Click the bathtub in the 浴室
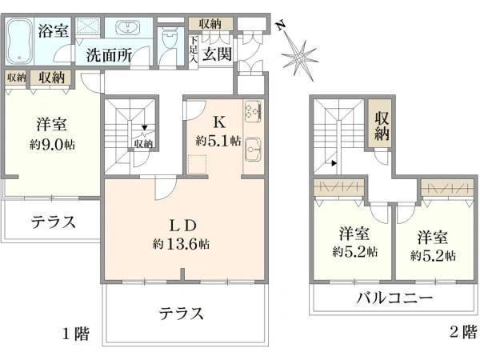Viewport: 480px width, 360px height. point(19,41)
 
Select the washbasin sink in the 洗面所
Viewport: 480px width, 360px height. point(128,28)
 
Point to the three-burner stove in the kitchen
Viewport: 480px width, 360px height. point(253,111)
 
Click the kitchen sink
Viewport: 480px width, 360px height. point(253,149)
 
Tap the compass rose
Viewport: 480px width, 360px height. point(299,58)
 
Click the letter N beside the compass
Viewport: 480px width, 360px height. point(281,26)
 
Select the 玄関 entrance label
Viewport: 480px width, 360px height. point(217,54)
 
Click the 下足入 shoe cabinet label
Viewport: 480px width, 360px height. point(193,50)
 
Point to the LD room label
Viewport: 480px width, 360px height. point(183,226)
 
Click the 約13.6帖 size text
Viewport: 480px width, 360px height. point(182,244)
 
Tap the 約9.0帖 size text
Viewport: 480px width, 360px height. point(52,144)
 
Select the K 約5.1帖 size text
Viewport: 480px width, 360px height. point(218,141)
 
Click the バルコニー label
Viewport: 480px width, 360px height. point(395,298)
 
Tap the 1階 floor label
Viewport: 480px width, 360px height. point(76,334)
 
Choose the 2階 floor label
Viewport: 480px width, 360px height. point(463,331)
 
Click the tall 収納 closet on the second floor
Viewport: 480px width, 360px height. point(380,123)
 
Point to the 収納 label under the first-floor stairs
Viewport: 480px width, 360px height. point(143,143)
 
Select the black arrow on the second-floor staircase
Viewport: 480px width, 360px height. point(334,163)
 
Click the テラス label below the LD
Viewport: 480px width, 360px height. point(182,314)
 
